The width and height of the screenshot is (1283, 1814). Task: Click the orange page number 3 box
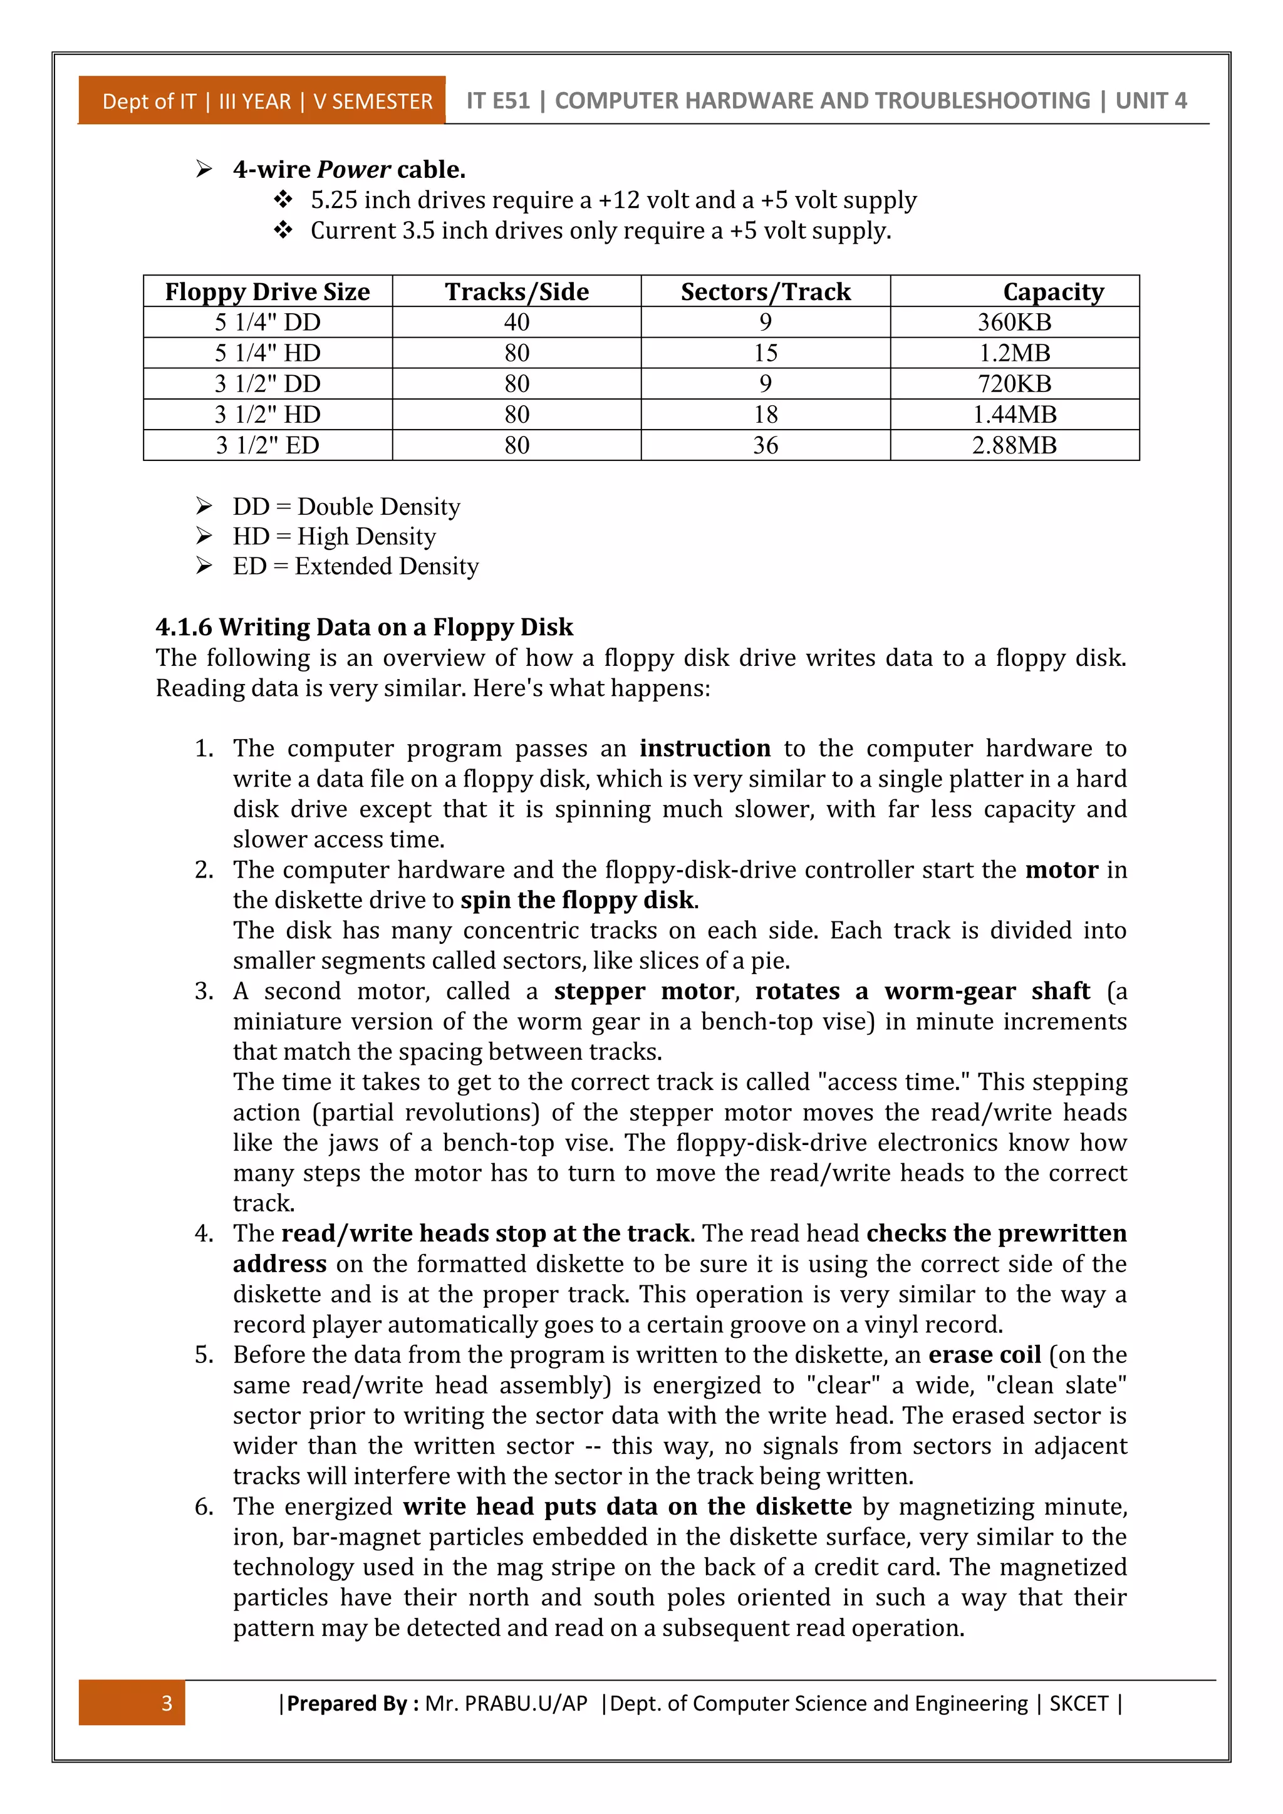pos(132,1703)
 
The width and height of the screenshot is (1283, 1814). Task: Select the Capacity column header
pos(1053,291)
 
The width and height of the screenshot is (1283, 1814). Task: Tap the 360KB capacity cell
pos(1014,323)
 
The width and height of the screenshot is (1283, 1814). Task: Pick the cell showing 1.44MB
pos(1014,415)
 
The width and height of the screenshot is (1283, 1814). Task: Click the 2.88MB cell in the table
pos(1014,445)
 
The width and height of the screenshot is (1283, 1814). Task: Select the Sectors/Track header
pos(766,291)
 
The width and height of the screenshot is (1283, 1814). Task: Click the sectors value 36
pos(766,445)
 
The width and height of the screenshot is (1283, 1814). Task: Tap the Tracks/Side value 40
pos(517,323)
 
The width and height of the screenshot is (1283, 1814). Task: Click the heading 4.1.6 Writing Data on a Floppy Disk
pos(364,626)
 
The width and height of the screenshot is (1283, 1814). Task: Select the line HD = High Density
pos(333,536)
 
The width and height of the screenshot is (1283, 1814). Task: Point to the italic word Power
pos(353,169)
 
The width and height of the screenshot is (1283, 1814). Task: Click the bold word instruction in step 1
pos(705,747)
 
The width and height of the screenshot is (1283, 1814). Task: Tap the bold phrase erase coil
pos(984,1354)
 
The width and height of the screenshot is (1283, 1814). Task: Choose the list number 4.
pos(204,1233)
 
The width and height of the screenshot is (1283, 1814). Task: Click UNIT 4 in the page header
pos(1150,100)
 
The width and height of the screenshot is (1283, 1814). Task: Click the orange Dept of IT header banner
pos(262,101)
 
